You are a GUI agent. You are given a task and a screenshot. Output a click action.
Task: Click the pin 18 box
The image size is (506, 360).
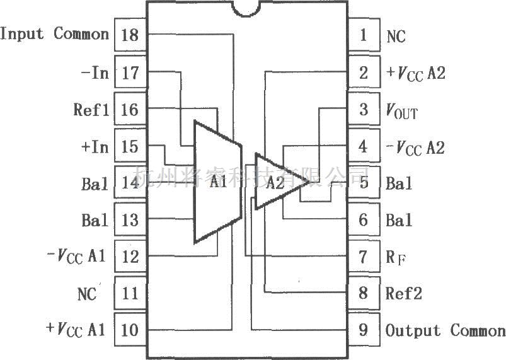(x=130, y=35)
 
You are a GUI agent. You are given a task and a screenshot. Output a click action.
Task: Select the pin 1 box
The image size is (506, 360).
(x=364, y=35)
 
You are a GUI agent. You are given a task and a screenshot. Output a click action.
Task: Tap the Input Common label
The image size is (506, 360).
(x=55, y=34)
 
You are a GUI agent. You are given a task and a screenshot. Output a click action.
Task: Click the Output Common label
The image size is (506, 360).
(x=445, y=330)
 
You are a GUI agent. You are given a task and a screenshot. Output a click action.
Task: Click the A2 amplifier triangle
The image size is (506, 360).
(x=277, y=182)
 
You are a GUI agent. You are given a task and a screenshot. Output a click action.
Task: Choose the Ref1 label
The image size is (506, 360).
(x=91, y=110)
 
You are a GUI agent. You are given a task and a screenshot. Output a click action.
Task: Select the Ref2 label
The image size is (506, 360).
(x=404, y=294)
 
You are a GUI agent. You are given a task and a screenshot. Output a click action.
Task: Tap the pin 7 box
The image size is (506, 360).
(x=364, y=257)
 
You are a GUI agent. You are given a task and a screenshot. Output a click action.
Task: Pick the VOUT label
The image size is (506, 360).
(x=401, y=112)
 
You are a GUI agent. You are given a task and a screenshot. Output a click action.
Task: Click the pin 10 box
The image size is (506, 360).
(x=130, y=330)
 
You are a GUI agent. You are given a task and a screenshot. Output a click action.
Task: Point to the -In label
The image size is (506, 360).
(x=95, y=73)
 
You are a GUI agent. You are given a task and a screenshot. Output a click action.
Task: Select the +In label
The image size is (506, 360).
(x=95, y=147)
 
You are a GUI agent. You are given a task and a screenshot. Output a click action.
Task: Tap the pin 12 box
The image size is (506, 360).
(x=130, y=257)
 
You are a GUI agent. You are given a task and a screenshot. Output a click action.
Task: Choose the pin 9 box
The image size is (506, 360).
(x=364, y=330)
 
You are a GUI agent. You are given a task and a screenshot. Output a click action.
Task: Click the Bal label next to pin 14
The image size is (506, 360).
(x=95, y=184)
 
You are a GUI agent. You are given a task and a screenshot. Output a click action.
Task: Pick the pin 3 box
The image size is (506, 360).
(x=364, y=110)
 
